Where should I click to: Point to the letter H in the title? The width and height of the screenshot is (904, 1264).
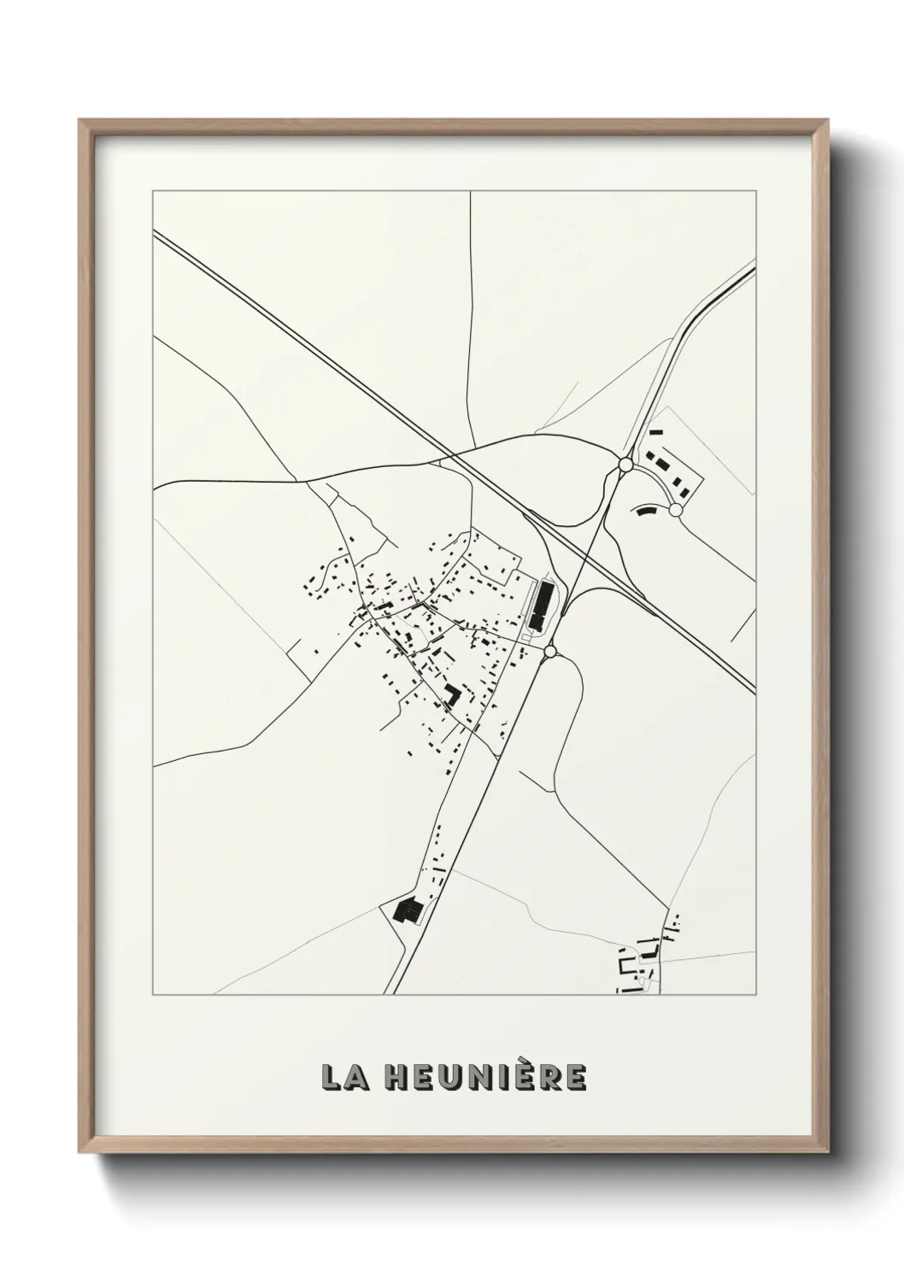pyautogui.click(x=396, y=1077)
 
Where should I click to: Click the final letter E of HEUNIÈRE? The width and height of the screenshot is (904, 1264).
pyautogui.click(x=575, y=1077)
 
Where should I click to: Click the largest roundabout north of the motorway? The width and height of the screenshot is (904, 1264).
pyautogui.click(x=625, y=465)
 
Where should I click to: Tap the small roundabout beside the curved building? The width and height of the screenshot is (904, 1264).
pyautogui.click(x=676, y=510)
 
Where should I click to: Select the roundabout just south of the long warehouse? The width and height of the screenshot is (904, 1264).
pyautogui.click(x=550, y=652)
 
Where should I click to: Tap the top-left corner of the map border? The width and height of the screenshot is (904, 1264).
pyautogui.click(x=153, y=191)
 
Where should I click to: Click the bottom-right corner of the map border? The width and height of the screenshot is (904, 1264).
pyautogui.click(x=755, y=994)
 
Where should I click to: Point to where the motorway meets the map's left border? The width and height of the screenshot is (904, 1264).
pyautogui.click(x=154, y=230)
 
